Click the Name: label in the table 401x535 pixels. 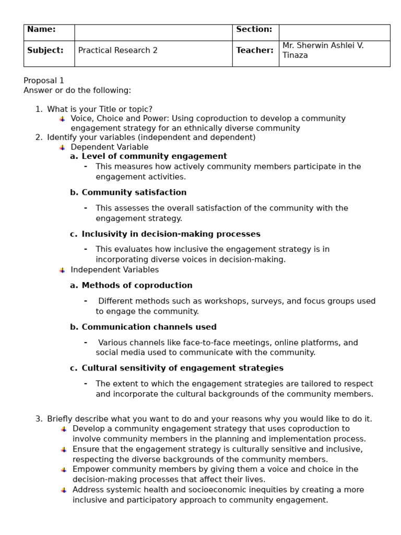(x=41, y=30)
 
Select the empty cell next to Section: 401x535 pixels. (x=334, y=32)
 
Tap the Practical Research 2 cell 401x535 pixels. (x=117, y=51)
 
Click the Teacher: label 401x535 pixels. (x=255, y=51)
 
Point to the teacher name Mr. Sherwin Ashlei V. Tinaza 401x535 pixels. (x=323, y=50)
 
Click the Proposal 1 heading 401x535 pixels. (x=44, y=80)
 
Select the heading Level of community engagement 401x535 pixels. (x=154, y=156)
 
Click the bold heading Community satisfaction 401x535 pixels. (x=134, y=192)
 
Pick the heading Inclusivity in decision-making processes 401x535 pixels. (x=171, y=234)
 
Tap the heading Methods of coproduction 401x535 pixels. (x=137, y=285)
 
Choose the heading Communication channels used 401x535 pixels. (x=149, y=327)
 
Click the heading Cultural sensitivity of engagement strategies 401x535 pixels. (x=182, y=368)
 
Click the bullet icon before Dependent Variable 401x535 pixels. (x=62, y=147)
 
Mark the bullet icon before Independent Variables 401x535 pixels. (x=62, y=270)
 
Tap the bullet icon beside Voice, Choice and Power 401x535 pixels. (x=62, y=119)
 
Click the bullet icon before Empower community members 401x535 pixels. (x=64, y=470)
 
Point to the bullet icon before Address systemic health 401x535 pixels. (x=64, y=490)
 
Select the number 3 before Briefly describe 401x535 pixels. (x=38, y=419)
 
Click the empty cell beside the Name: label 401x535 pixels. (x=153, y=32)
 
